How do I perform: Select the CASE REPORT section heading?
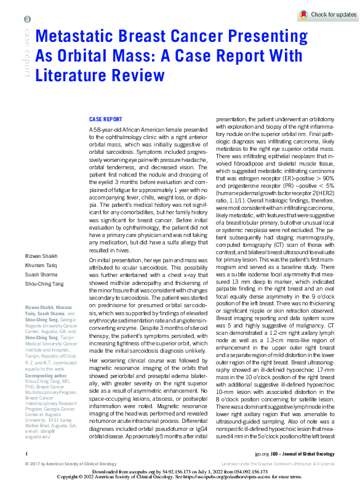pos(105,119)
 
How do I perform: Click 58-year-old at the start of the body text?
pos(106,131)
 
